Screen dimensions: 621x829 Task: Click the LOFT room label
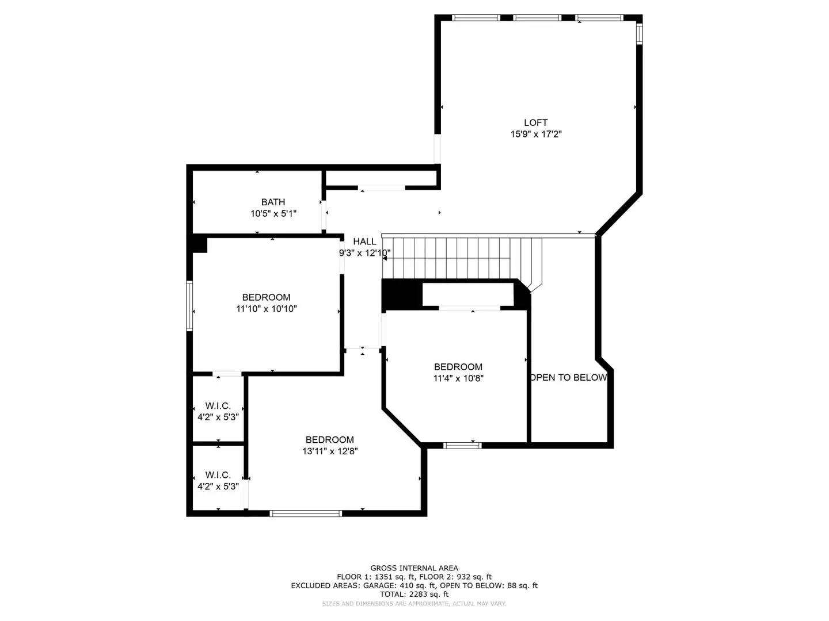pos(535,122)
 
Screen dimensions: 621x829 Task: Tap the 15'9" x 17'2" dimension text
pos(535,134)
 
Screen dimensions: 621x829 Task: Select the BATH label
pos(273,202)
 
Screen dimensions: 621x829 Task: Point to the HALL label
pos(364,241)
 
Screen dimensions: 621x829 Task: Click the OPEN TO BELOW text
pos(568,377)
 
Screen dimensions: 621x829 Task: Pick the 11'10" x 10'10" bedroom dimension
pos(266,309)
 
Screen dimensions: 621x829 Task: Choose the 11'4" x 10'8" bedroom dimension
pos(458,378)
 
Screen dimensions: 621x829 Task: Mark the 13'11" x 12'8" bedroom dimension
pos(330,451)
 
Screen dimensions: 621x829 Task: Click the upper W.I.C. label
pos(218,406)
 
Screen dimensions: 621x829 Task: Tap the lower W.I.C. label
pos(218,475)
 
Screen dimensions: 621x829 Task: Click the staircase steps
pos(461,258)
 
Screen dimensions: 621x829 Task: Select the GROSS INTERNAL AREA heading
pos(414,568)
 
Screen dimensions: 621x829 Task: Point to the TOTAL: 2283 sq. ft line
pos(414,594)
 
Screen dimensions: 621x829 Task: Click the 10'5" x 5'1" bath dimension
pos(273,213)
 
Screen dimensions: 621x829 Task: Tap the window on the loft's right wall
pos(639,33)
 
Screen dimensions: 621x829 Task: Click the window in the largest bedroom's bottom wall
pos(306,513)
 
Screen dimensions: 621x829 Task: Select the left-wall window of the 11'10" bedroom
pos(189,305)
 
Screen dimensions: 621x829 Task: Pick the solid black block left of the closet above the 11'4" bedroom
pos(402,295)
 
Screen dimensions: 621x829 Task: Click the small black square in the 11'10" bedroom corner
pos(199,244)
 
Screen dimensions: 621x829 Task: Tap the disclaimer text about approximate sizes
pos(414,604)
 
